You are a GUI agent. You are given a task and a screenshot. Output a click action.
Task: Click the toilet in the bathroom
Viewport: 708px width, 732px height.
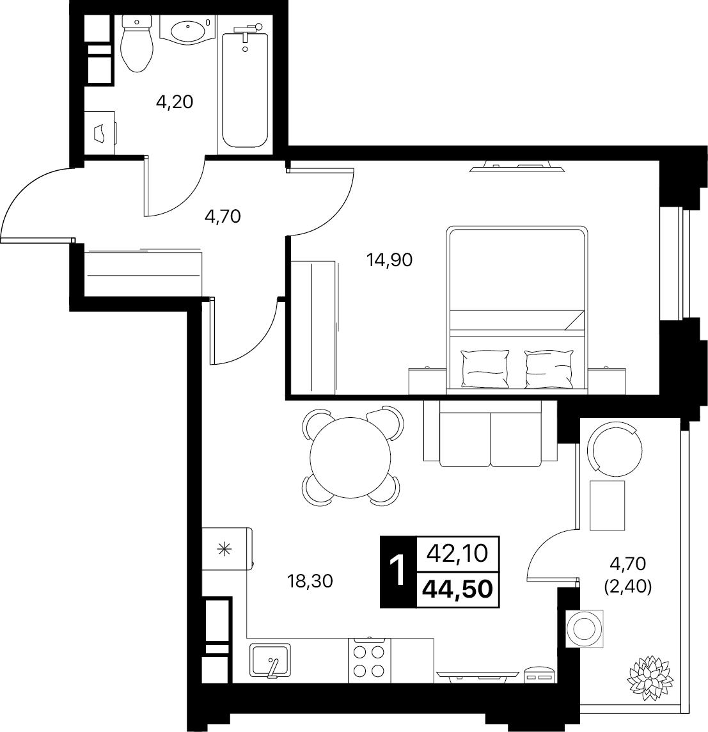click(136, 44)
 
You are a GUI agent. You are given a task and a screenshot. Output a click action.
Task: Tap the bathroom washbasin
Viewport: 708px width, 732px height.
click(187, 29)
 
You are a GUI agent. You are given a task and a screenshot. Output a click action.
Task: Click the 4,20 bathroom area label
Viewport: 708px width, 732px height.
click(175, 101)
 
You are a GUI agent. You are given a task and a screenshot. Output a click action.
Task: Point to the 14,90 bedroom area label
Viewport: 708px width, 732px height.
click(389, 260)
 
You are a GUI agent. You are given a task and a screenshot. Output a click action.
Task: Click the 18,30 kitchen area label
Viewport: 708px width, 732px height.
click(310, 581)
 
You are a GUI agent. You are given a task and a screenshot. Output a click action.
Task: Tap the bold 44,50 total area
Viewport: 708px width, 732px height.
click(458, 589)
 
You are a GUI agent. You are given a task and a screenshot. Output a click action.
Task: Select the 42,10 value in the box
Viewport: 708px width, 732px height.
click(458, 553)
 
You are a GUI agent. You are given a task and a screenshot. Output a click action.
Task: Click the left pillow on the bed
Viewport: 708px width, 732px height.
click(484, 369)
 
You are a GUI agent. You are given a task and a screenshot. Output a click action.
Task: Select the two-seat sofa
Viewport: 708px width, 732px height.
click(491, 433)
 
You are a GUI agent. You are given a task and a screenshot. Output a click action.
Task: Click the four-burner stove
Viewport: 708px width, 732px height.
click(369, 658)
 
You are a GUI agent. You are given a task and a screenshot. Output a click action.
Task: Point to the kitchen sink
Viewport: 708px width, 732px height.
click(270, 660)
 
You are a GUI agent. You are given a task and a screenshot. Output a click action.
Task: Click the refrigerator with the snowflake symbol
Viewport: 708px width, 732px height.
click(227, 548)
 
